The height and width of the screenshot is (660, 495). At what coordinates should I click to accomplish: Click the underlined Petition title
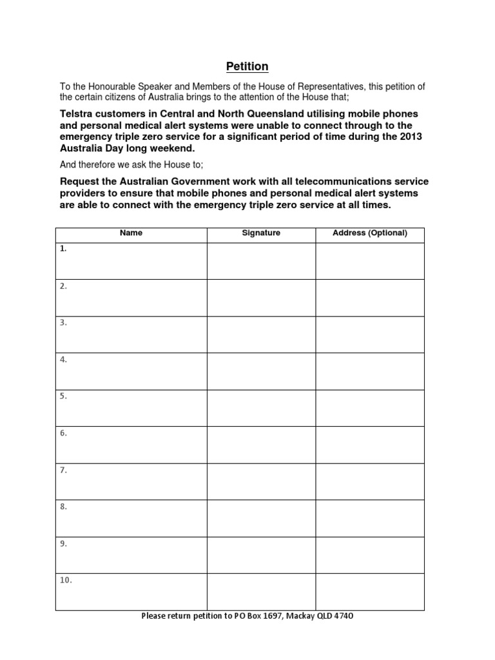(247, 66)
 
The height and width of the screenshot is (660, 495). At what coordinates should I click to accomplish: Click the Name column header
(131, 233)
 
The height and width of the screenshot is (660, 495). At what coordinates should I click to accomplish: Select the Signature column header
(261, 233)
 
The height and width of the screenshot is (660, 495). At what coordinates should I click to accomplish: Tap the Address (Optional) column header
(369, 233)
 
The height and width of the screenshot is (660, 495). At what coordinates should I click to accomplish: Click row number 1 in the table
(63, 249)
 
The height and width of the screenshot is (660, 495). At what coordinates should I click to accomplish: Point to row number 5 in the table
(63, 396)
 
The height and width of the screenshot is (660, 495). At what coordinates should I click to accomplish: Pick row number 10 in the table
(66, 580)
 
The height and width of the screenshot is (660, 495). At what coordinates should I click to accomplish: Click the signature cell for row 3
(261, 335)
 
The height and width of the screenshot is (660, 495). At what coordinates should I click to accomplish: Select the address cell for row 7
(369, 481)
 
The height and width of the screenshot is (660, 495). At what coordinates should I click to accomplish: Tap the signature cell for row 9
(261, 555)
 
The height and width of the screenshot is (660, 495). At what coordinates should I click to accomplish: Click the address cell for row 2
(369, 298)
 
